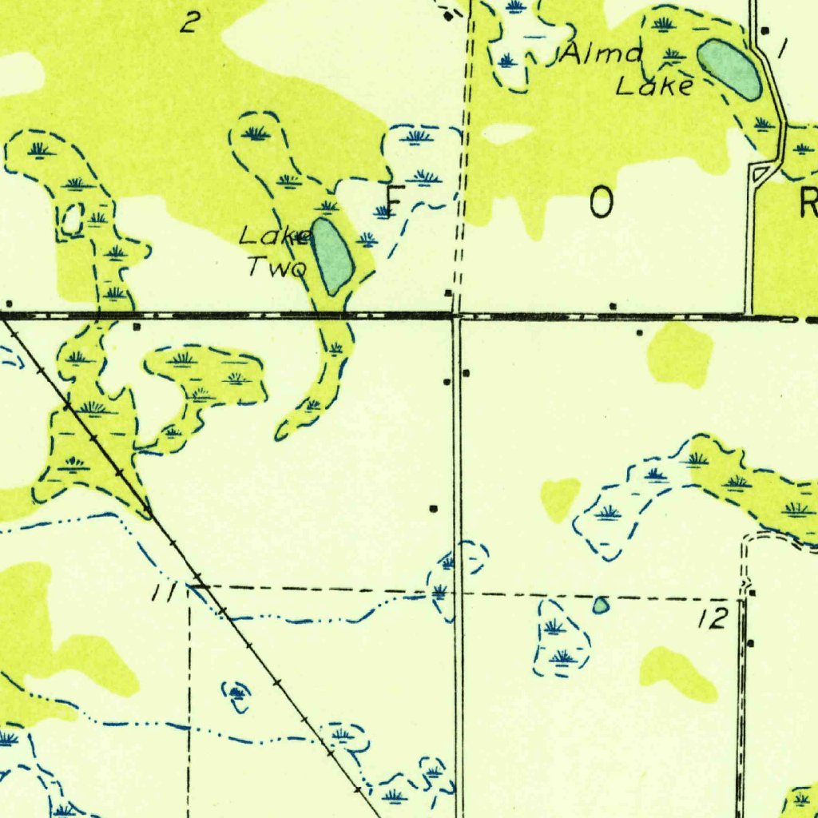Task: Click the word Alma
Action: (602, 54)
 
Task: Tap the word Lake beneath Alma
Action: (654, 85)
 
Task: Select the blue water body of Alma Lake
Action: (729, 69)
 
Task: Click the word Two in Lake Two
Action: (276, 267)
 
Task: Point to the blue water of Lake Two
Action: (332, 256)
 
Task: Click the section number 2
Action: (188, 22)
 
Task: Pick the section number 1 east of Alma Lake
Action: (782, 50)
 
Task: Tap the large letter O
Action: (602, 204)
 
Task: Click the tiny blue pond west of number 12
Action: (600, 606)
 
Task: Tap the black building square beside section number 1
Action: (765, 31)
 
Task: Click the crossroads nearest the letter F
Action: (456, 316)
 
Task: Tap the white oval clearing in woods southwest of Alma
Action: (507, 133)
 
